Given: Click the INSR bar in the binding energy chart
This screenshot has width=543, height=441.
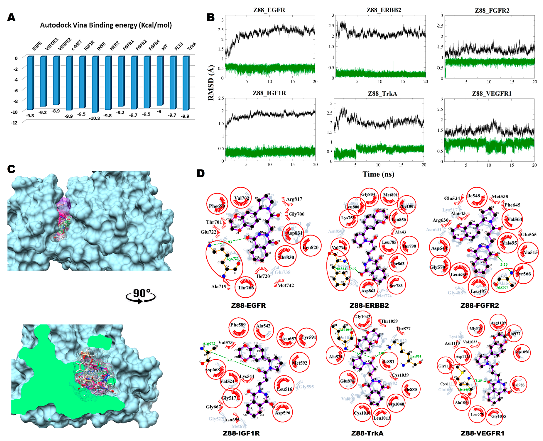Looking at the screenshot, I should (x=95, y=84).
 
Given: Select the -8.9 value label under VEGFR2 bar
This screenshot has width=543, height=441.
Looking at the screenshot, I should (x=56, y=111).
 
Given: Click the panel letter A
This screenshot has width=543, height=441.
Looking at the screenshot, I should (x=11, y=17).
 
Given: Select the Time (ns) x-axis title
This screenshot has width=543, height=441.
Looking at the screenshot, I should (x=378, y=174).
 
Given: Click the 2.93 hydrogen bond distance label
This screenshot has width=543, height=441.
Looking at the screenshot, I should (x=228, y=242).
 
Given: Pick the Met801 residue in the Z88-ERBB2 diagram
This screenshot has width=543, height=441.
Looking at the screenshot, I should (x=390, y=195).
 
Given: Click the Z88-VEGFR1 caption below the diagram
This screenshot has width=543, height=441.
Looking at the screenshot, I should (x=482, y=433).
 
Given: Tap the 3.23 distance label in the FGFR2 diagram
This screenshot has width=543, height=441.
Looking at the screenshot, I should (x=504, y=264).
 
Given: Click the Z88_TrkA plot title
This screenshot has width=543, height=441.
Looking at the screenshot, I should (x=382, y=93).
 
